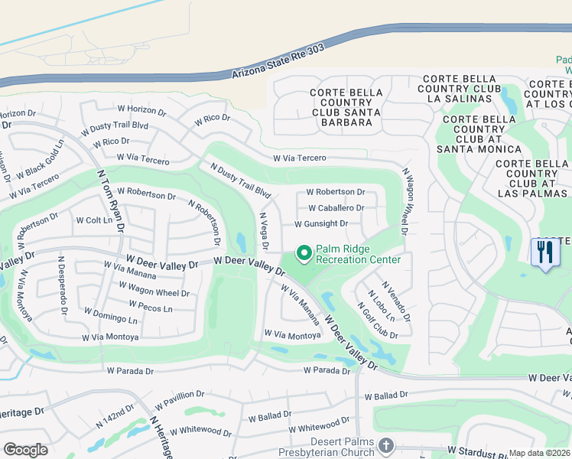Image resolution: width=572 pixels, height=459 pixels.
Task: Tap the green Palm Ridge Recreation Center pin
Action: click(x=304, y=252)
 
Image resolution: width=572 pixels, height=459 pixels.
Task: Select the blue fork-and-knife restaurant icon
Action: click(x=544, y=252)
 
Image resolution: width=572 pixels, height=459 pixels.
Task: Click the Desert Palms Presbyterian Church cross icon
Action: click(x=388, y=445)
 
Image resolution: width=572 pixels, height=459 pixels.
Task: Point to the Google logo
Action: click(x=25, y=450)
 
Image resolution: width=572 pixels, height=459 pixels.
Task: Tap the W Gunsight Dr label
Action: click(x=321, y=224)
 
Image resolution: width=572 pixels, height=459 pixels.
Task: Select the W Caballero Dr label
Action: click(x=336, y=208)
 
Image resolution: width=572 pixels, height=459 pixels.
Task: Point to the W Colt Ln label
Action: click(x=94, y=220)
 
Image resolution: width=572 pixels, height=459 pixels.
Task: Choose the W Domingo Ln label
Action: click(x=111, y=317)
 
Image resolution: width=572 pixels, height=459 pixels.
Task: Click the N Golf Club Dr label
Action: click(x=378, y=321)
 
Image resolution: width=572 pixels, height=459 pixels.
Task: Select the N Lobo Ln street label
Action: click(x=381, y=305)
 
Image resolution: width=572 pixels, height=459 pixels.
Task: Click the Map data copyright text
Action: click(x=540, y=453)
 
